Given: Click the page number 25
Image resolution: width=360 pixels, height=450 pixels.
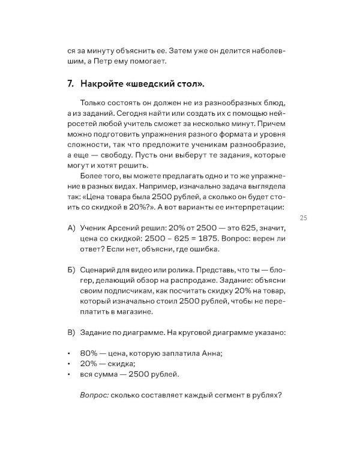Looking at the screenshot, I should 303,217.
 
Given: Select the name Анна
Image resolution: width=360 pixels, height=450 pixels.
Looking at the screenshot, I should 211,353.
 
